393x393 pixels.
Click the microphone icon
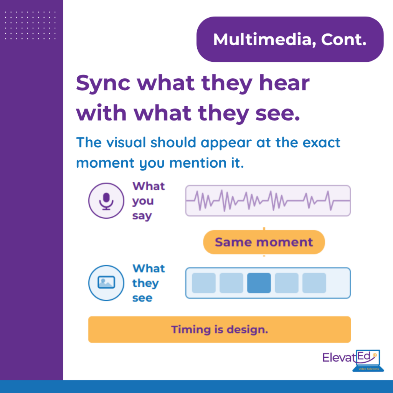[x=106, y=201]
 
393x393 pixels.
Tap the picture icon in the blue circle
[x=106, y=282]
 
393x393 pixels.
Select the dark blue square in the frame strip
[x=259, y=283]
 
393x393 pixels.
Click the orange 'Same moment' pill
[x=264, y=242]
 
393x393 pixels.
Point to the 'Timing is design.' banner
[x=219, y=329]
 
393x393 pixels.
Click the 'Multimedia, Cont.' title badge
[x=290, y=40]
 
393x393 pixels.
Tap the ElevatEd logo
[x=353, y=360]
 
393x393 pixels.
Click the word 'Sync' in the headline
[x=103, y=83]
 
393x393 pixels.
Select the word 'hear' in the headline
[x=284, y=83]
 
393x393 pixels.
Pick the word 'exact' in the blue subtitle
[x=321, y=143]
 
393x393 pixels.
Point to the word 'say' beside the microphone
[x=142, y=216]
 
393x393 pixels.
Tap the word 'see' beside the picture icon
[x=142, y=298]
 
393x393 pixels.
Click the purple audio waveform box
[x=268, y=201]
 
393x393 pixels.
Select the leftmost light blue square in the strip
[x=204, y=283]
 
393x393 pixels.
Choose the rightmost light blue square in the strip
[x=314, y=283]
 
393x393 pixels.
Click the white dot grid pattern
[x=30, y=25]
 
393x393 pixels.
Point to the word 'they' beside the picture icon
[x=145, y=284]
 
